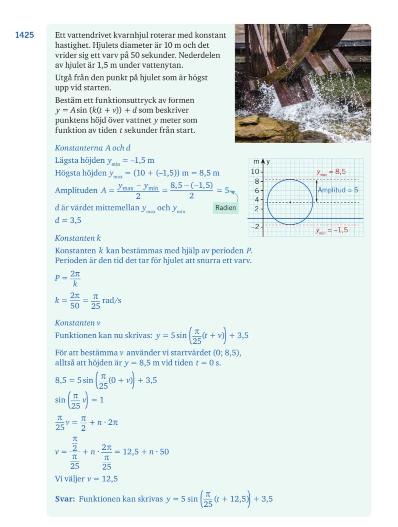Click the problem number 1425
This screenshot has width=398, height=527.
coord(25,35)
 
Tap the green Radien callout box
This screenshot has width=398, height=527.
coord(225,208)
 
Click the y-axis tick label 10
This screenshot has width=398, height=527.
coord(255,172)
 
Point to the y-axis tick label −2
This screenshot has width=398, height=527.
coord(255,226)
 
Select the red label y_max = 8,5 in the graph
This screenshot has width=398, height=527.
coord(331,172)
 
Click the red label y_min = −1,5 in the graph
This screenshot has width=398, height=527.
coord(331,231)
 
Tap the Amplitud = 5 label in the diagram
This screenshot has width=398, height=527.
coord(338,190)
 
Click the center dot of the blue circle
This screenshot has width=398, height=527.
coord(290,202)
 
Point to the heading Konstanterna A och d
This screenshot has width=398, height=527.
coord(93,148)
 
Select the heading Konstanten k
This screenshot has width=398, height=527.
coord(78,238)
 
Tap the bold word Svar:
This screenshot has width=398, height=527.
coord(65,499)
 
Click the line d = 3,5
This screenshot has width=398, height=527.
coord(68,221)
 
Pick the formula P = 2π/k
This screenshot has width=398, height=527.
coord(68,279)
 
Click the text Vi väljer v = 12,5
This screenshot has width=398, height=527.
coord(86,479)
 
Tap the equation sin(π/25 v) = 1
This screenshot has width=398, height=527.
coord(79,400)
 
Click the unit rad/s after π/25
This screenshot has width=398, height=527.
coord(112,301)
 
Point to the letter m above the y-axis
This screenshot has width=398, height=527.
coord(256,162)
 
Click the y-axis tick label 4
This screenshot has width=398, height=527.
coord(257,200)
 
